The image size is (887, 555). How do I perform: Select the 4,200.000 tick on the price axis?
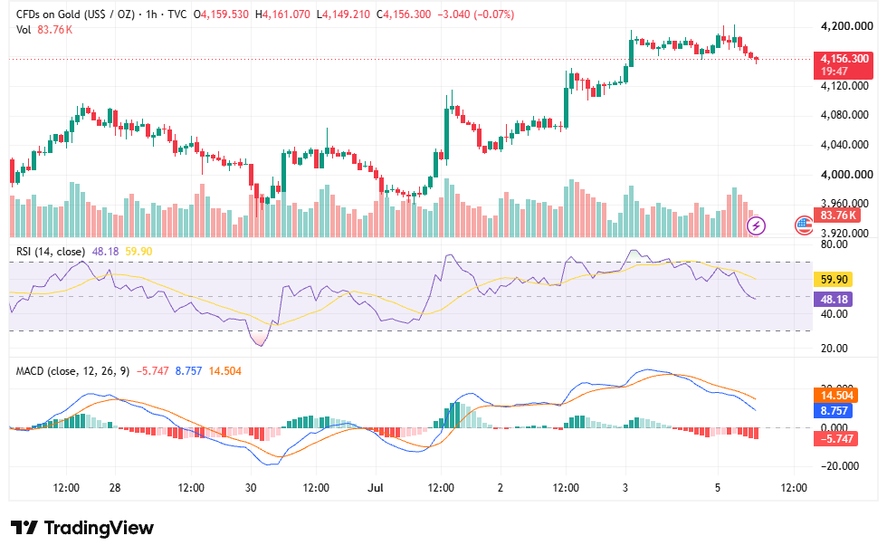pos(847,26)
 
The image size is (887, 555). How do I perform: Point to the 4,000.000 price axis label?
pos(847,174)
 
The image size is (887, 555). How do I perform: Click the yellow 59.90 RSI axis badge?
pos(833,280)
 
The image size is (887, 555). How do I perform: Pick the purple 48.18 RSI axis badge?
pos(833,300)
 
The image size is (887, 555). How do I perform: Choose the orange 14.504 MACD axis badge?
pos(836,396)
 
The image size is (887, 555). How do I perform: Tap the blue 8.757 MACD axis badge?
pos(833,411)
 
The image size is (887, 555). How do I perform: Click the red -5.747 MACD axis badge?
pos(835,438)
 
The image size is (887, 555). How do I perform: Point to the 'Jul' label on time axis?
pos(375,488)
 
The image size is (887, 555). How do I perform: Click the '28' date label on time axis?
pos(115,488)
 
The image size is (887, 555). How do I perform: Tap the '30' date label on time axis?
pos(251,488)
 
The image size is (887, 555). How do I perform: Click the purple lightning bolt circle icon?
pos(757,225)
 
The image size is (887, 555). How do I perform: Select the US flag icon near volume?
pos(804,225)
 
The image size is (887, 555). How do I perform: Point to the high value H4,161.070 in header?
pos(282,14)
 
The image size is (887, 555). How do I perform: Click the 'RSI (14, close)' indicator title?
pos(51,251)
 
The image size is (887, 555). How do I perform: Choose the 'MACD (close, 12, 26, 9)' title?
pos(72,371)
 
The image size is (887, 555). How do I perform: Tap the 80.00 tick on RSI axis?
pos(834,244)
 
